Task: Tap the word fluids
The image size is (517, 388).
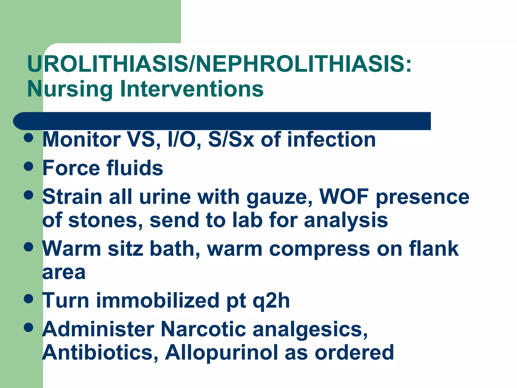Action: [135, 168]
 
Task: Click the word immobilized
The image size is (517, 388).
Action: [158, 300]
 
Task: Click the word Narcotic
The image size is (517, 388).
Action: [203, 329]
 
